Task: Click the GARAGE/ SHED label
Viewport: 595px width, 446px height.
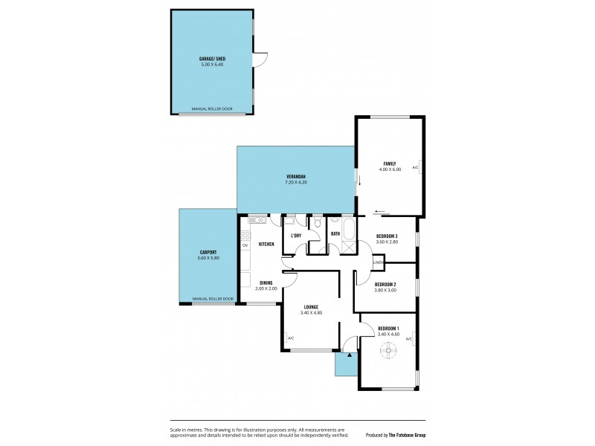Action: pyautogui.click(x=212, y=58)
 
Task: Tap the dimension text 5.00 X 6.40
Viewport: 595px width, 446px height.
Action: pyautogui.click(x=212, y=65)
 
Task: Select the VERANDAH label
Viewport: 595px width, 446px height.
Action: pyautogui.click(x=296, y=176)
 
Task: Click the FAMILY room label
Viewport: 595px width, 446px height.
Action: pyautogui.click(x=390, y=164)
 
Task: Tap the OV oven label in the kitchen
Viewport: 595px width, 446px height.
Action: pyautogui.click(x=245, y=245)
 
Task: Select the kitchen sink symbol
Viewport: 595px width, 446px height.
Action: pyautogui.click(x=257, y=220)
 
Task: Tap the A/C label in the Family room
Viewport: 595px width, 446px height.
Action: pyautogui.click(x=416, y=168)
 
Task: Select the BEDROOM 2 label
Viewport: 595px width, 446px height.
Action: pyautogui.click(x=385, y=285)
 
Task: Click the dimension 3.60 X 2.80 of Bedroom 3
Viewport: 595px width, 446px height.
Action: pyautogui.click(x=387, y=242)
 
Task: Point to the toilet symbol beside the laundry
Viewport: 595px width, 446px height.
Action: pyautogui.click(x=318, y=221)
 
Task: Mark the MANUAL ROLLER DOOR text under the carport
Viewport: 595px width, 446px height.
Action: pyautogui.click(x=213, y=299)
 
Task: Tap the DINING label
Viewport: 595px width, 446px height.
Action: pyautogui.click(x=266, y=282)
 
